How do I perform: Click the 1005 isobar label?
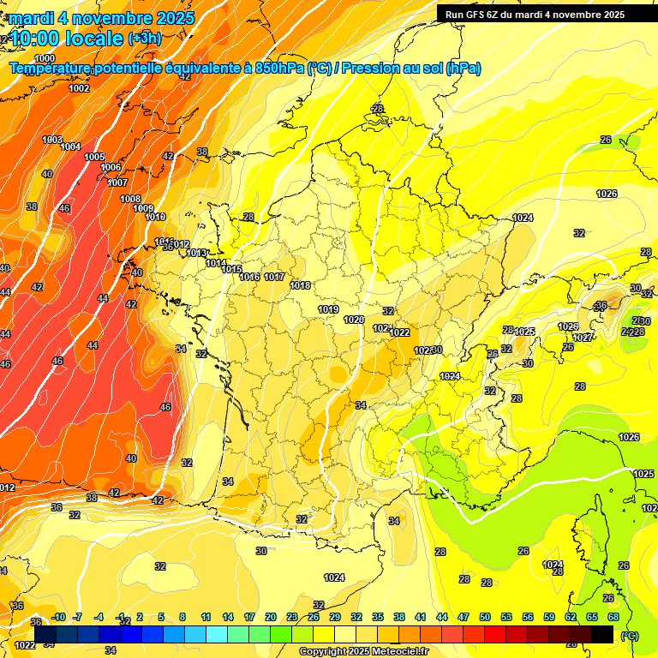(94, 157)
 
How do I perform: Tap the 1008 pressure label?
(130, 199)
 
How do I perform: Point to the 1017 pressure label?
(274, 277)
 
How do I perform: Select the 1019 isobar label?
(328, 309)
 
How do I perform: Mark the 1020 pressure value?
(354, 320)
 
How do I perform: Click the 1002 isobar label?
(79, 88)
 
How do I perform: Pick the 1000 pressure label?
(45, 58)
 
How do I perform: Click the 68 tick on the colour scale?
(613, 617)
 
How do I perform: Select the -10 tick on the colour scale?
(58, 617)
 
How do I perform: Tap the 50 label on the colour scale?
(485, 617)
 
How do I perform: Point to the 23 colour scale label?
(292, 617)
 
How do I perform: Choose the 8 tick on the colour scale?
(182, 617)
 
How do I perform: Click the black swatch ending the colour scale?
(602, 634)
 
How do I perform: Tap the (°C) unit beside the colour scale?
(631, 635)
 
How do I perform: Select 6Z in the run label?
(497, 15)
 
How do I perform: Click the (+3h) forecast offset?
(144, 39)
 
